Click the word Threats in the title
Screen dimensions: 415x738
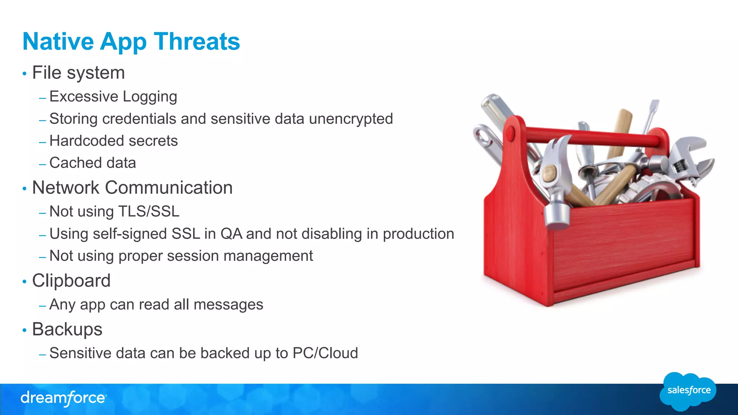point(197,41)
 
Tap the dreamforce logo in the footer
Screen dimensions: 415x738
point(63,398)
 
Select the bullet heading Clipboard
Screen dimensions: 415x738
point(71,281)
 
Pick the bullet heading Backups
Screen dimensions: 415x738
point(67,329)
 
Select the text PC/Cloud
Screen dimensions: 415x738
point(325,353)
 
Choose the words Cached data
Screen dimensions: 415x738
point(93,163)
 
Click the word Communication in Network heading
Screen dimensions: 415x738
point(169,188)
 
